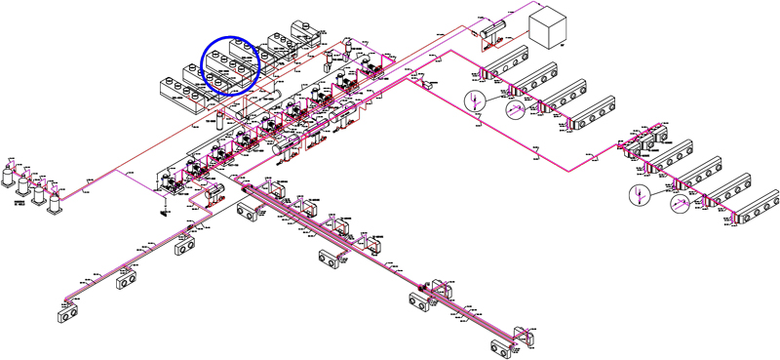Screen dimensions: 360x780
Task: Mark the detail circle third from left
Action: pos(639,194)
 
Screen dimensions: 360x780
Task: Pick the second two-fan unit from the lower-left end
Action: pos(128,282)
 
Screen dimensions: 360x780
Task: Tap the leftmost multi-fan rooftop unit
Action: pos(181,89)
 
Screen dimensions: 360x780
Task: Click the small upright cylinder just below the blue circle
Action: pos(219,114)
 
